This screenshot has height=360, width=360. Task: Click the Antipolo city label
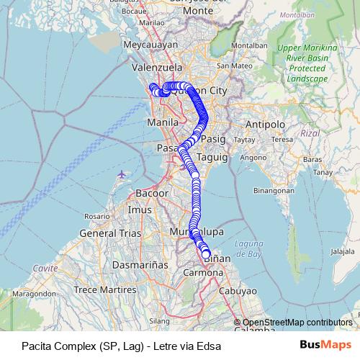click(265, 124)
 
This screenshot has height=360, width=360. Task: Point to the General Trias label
click(103, 233)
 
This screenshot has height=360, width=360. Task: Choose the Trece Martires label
click(106, 289)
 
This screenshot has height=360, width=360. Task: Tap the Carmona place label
click(203, 274)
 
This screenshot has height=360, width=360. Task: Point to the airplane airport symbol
click(120, 174)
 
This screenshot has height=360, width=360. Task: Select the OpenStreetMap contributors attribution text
click(297, 322)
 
